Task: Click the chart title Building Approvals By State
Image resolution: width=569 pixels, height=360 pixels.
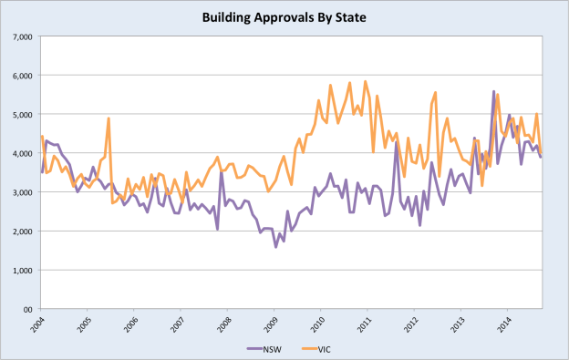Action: (x=284, y=16)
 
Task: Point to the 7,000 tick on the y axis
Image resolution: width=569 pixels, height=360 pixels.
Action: (x=21, y=36)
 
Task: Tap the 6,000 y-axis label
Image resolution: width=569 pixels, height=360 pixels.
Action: (x=21, y=76)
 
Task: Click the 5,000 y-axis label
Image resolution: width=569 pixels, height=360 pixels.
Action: (x=21, y=115)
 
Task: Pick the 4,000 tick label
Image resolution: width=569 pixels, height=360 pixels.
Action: (x=21, y=153)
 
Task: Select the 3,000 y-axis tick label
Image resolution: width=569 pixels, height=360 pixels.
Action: (x=21, y=192)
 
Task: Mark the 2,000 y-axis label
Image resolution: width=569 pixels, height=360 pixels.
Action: (x=21, y=231)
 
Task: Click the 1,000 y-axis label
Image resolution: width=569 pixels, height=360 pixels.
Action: (x=21, y=271)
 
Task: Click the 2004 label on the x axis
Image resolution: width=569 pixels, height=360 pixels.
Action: (x=36, y=324)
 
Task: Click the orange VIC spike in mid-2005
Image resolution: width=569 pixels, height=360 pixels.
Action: (x=109, y=118)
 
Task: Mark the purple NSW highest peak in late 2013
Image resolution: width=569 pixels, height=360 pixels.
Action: (x=493, y=91)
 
